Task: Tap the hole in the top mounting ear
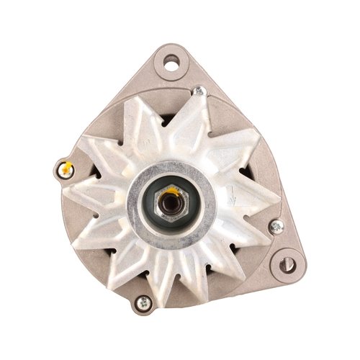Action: [171, 62]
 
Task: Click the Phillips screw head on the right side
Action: [275, 227]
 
